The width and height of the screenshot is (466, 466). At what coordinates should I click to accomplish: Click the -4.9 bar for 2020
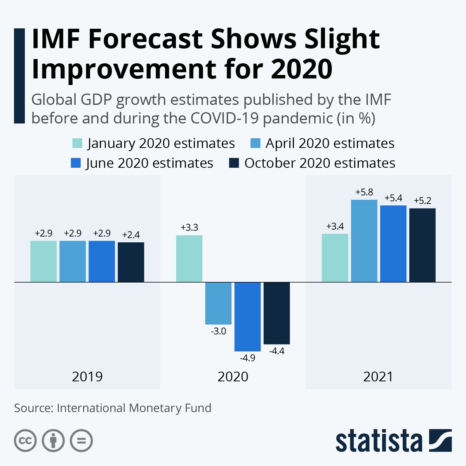point(247,316)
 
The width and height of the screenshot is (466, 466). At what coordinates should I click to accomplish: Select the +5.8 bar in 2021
point(364,241)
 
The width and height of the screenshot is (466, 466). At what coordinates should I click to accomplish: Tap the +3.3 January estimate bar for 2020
point(189,258)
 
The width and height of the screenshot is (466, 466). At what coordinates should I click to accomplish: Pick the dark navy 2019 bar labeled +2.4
point(131,262)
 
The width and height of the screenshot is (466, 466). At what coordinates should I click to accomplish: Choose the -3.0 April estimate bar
point(218,303)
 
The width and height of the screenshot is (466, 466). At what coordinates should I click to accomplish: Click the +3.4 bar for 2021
point(335,257)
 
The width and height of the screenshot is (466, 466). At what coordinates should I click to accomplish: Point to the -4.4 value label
point(277,351)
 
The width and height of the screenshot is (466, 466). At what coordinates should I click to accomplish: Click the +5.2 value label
point(423,201)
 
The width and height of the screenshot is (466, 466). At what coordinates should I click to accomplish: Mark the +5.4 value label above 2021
point(393,198)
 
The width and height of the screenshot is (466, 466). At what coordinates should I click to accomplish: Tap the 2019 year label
point(87,377)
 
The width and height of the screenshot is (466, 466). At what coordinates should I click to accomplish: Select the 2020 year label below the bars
point(233,377)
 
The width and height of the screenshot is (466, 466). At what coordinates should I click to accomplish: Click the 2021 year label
point(378,377)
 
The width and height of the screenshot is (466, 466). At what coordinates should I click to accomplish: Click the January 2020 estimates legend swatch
point(77,143)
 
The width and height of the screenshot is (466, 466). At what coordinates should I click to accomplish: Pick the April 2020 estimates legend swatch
point(255,143)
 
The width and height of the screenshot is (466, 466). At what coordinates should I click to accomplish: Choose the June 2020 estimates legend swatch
point(76,163)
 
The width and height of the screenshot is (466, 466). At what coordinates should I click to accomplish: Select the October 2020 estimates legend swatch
point(234,163)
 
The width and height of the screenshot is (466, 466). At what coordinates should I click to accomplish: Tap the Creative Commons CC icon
point(25,441)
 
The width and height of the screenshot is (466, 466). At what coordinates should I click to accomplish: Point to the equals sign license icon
point(81,441)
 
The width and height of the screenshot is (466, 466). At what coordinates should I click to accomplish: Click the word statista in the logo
point(379,441)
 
